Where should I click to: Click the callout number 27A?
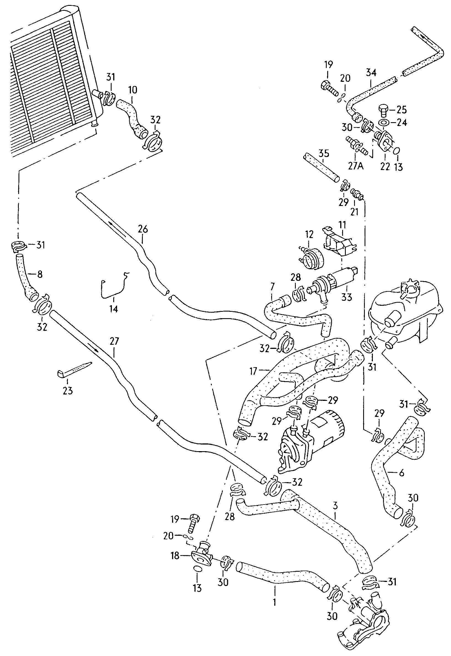tap(355, 166)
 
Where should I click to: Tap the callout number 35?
tap(324, 154)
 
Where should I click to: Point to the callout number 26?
tap(143, 229)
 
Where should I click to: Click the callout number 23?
tap(68, 391)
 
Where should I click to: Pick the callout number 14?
tap(114, 309)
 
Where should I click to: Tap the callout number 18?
tap(175, 556)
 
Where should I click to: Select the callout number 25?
tap(402, 109)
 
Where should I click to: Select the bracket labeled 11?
tap(339, 242)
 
